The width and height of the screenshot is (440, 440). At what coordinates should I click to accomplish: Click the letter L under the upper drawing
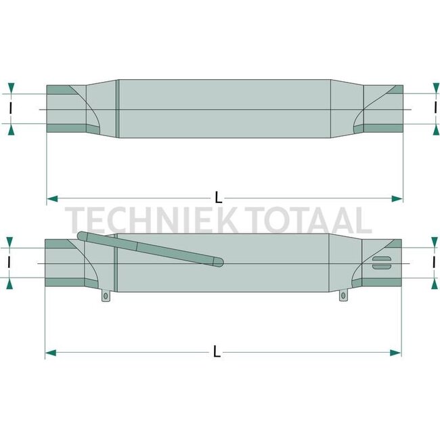point(218,198)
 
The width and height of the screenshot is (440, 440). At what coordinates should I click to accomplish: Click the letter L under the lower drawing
point(216,352)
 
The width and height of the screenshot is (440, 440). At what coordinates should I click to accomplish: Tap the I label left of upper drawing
point(11,108)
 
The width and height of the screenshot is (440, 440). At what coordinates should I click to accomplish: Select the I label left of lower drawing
point(9,263)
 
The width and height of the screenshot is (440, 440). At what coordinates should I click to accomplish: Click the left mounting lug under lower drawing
point(106,296)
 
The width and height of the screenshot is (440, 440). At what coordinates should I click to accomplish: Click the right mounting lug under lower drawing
point(345,296)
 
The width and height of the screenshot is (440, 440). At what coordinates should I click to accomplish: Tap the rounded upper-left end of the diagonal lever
point(82,236)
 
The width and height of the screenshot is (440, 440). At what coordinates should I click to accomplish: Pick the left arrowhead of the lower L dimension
point(50,352)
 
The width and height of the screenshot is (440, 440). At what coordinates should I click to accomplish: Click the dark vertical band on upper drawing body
point(117,108)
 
